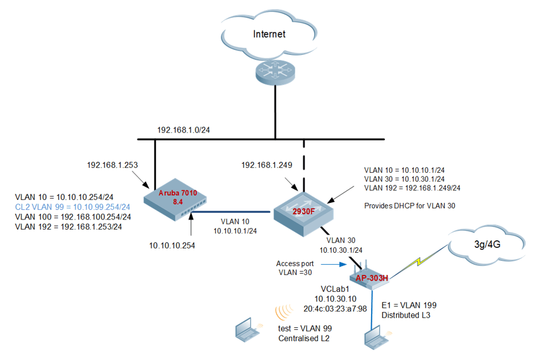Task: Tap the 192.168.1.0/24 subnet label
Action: coord(183,130)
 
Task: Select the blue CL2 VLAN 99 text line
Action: coord(73,206)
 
